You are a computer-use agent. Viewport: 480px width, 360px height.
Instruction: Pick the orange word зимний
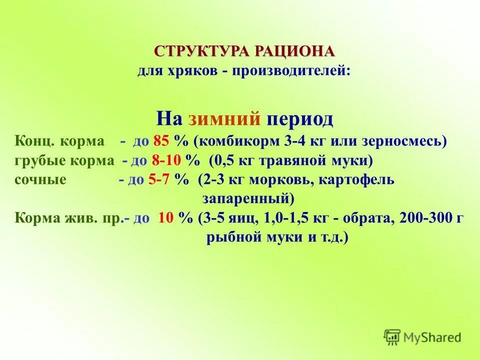coord(225,119)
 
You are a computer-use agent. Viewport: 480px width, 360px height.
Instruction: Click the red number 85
coord(162,141)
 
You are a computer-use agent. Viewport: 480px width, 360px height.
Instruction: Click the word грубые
coord(35,161)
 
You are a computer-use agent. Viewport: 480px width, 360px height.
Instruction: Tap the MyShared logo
coord(422,337)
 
